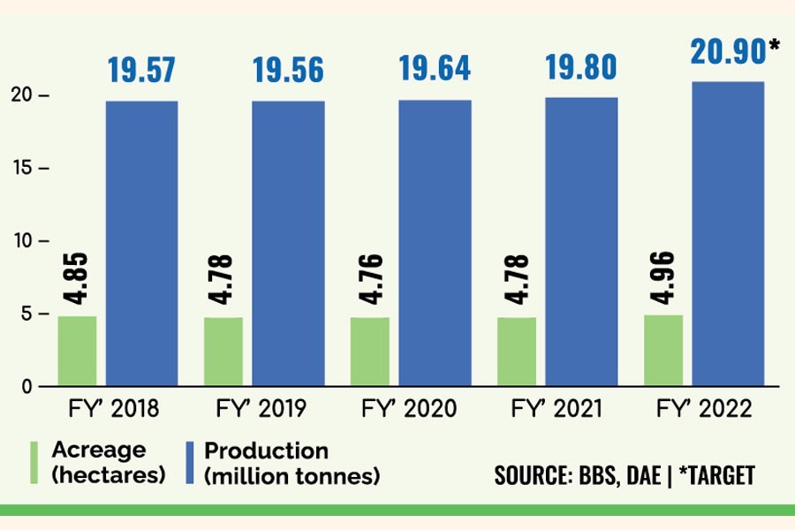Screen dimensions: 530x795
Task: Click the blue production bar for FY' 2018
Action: click(x=141, y=244)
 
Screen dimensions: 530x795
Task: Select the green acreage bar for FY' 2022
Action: click(x=663, y=351)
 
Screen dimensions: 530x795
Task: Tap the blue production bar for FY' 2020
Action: click(x=435, y=244)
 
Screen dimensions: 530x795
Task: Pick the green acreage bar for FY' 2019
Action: click(x=223, y=352)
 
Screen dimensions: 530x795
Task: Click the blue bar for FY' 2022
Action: click(x=728, y=234)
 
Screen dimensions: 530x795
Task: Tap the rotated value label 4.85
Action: click(x=78, y=278)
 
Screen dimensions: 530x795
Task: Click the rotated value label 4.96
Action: click(x=664, y=277)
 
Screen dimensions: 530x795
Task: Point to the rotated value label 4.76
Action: click(x=371, y=280)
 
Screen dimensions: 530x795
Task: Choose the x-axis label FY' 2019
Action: click(x=261, y=410)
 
